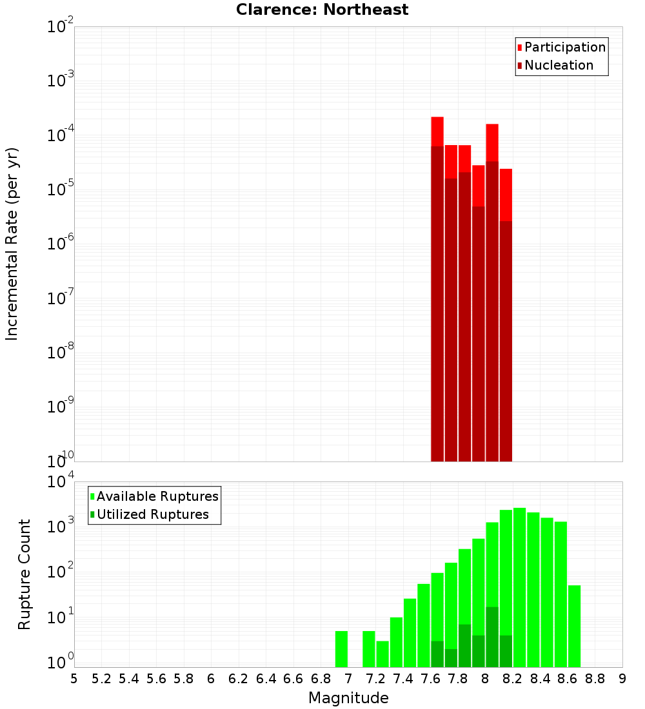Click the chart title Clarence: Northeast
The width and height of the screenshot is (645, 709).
click(x=322, y=10)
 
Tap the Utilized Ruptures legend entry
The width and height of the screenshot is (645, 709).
click(x=152, y=514)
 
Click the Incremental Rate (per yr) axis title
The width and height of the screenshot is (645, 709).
click(x=12, y=244)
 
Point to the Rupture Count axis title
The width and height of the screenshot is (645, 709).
click(x=24, y=574)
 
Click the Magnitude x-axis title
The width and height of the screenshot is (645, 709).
click(x=348, y=698)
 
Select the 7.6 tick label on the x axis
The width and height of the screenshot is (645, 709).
click(x=430, y=678)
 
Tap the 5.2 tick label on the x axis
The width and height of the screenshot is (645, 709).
click(x=101, y=678)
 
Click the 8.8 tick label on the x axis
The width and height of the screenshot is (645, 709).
click(x=595, y=678)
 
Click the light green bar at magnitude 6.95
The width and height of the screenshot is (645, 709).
click(x=342, y=649)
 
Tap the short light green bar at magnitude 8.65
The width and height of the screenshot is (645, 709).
click(x=574, y=625)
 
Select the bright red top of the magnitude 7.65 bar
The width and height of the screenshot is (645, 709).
click(x=437, y=131)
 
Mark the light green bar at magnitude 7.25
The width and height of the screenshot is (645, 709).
click(x=382, y=654)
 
